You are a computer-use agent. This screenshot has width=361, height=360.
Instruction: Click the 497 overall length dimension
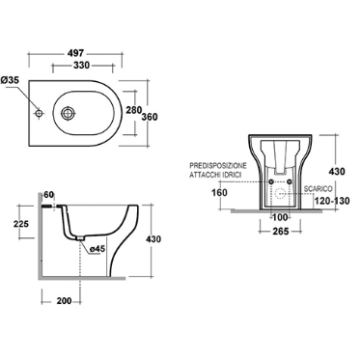(x=76, y=52)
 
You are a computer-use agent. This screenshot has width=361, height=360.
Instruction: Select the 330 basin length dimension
(x=81, y=65)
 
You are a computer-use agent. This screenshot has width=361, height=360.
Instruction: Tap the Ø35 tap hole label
(x=10, y=80)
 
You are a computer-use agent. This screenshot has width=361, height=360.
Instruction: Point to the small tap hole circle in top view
(x=39, y=113)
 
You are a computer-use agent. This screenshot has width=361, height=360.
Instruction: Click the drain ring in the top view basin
(x=68, y=113)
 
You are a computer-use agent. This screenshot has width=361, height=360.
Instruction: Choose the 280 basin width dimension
(x=133, y=110)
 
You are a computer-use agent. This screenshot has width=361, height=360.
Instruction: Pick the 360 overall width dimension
(x=150, y=117)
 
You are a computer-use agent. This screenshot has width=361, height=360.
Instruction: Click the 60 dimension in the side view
(x=48, y=195)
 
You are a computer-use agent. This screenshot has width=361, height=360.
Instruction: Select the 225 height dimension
(x=21, y=223)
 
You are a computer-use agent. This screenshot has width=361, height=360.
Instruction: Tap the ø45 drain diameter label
(x=97, y=249)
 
